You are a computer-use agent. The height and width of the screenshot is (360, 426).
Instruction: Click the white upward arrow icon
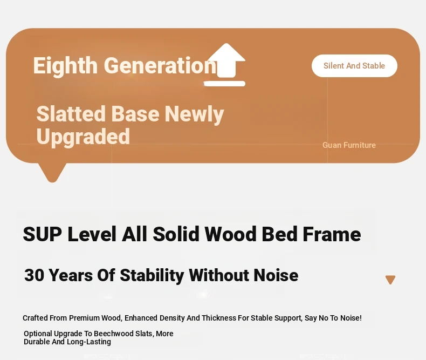[226, 60]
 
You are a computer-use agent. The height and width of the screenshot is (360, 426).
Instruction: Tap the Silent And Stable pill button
[354, 66]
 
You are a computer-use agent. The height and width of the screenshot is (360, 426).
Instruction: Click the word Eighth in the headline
[65, 66]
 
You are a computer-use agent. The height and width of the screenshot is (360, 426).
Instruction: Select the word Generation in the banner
[160, 66]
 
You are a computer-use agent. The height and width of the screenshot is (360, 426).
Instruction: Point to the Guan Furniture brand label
[349, 145]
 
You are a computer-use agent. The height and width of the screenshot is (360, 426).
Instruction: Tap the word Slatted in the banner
[71, 114]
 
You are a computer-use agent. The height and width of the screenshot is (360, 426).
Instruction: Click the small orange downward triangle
[390, 280]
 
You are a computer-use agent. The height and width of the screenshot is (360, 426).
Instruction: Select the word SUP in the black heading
[43, 234]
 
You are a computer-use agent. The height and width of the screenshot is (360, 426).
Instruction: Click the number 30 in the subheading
[34, 275]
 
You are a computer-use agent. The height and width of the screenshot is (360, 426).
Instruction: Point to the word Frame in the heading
[332, 234]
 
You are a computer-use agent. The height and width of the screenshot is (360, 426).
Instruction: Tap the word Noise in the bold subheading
[276, 275]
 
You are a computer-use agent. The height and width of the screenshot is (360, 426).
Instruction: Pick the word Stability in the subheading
[152, 275]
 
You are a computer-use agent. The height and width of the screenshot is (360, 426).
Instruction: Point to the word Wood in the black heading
[230, 234]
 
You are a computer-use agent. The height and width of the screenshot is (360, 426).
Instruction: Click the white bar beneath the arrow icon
[224, 84]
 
